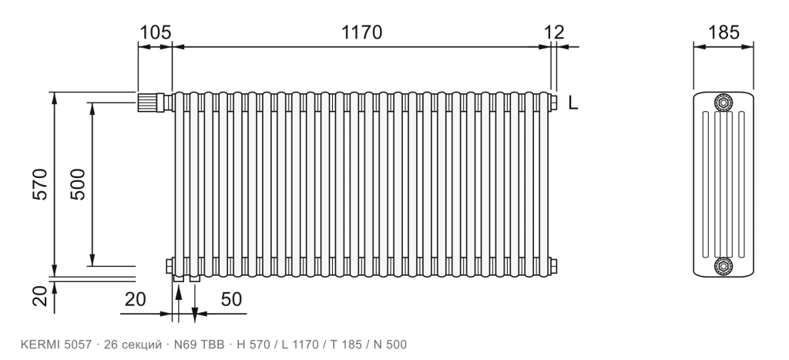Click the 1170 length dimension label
pos(362,32)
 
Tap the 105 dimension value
pos(155,32)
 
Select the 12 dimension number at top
pos(554,32)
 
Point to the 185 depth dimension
pos(724,32)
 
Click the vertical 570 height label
pos(39,184)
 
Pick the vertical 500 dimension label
pos(78,184)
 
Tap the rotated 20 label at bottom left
pos(39,296)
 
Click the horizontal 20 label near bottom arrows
pos(135,299)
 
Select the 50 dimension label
pos(231,299)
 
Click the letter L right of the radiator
pos(573,103)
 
